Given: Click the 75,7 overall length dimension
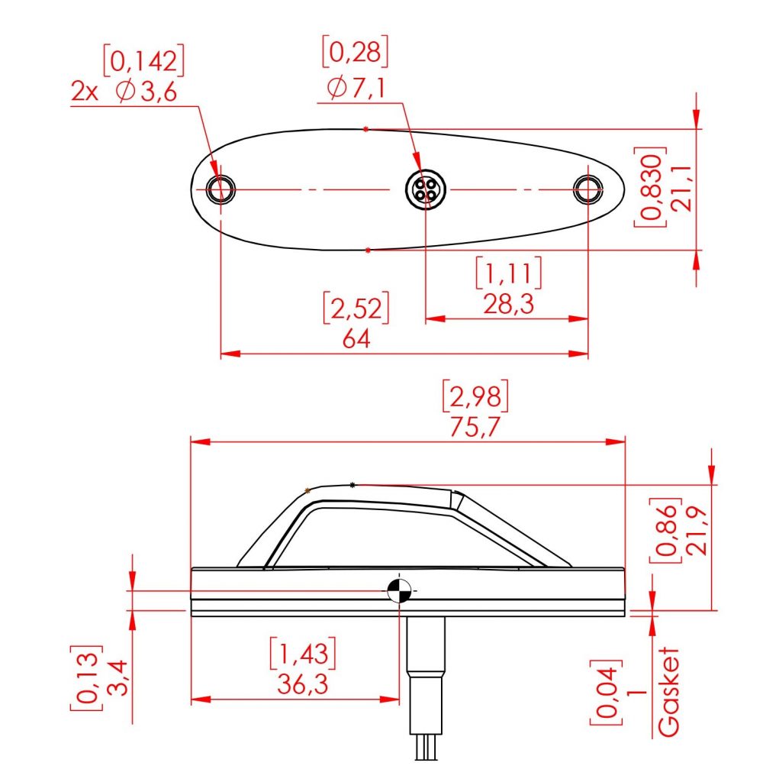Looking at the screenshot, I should [x=475, y=428].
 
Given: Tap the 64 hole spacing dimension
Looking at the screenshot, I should [x=356, y=339].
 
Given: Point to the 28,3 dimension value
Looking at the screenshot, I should [x=507, y=305].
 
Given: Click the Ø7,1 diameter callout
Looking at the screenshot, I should [x=355, y=89].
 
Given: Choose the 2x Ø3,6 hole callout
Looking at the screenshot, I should [x=124, y=92].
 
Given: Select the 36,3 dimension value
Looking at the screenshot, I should [x=302, y=685].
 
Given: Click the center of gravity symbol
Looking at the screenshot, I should [x=398, y=590].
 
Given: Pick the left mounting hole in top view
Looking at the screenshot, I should [x=221, y=188].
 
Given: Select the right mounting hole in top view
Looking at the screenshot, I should [x=587, y=189].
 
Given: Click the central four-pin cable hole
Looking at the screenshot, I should [x=424, y=189].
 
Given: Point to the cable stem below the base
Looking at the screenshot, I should [x=425, y=664].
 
